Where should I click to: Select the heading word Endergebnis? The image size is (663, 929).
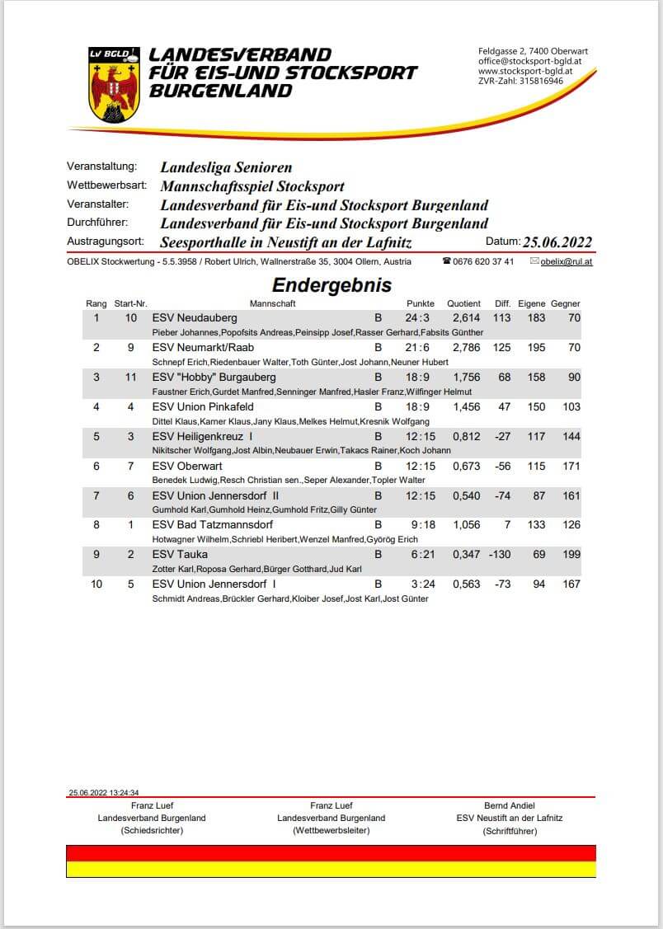(331, 285)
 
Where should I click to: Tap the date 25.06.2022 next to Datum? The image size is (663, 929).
(557, 242)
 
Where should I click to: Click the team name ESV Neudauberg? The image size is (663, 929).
(195, 318)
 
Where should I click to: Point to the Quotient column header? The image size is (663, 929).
(463, 303)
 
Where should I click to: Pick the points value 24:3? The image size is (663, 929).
(417, 318)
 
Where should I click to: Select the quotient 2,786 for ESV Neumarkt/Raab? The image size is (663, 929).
(466, 348)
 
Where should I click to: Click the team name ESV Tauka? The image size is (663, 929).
(180, 555)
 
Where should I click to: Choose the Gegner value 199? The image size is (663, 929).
(568, 555)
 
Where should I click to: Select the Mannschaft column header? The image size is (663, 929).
(272, 303)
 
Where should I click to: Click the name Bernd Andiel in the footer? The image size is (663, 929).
(510, 805)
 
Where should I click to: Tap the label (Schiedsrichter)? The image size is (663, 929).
(152, 830)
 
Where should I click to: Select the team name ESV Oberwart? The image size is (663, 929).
(187, 467)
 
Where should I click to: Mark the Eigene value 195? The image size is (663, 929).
(536, 348)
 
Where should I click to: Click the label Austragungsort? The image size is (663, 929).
(106, 242)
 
